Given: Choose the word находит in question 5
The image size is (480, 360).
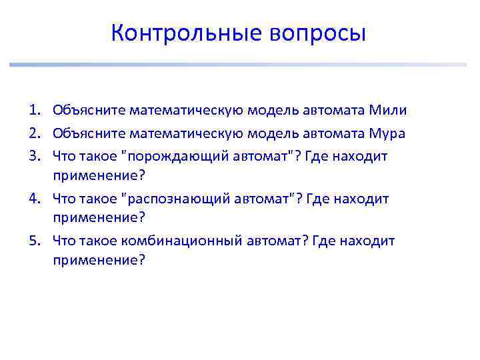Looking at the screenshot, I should tap(367, 241).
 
